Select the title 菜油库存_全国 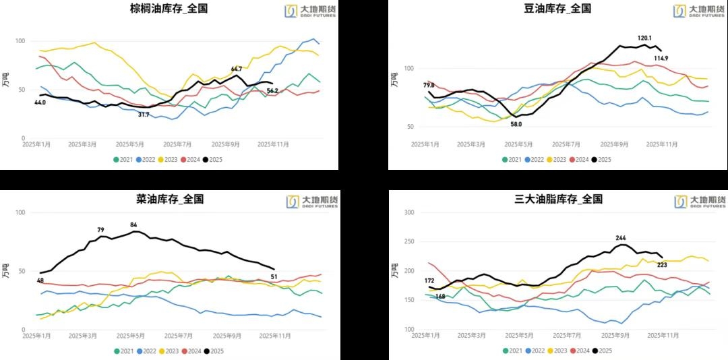169,199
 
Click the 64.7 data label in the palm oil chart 237,69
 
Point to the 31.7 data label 144,115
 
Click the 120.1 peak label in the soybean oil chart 646,38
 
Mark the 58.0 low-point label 516,125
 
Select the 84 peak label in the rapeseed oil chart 133,224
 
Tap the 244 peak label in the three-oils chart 621,237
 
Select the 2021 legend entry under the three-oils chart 514,351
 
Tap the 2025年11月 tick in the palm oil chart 274,144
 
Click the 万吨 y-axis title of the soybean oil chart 394,79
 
